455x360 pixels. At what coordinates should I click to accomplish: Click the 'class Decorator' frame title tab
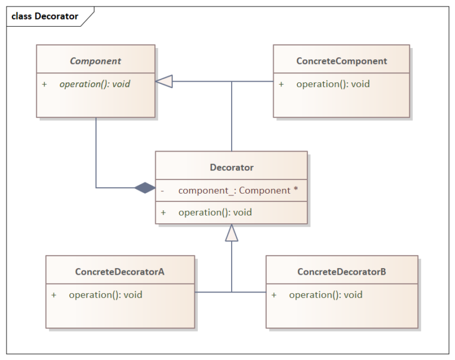pos(45,16)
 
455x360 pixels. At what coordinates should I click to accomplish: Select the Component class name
pos(95,60)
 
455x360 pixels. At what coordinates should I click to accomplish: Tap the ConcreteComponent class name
pos(341,60)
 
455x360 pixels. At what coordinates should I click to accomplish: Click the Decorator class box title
pos(231,168)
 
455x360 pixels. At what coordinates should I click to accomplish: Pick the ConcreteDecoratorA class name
pos(120,272)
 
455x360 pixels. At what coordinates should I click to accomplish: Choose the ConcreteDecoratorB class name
pos(341,272)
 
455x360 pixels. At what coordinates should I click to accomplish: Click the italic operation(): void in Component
pos(94,84)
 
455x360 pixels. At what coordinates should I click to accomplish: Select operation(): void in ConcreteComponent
pos(332,84)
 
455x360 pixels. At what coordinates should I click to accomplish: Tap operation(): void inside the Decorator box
pos(214,212)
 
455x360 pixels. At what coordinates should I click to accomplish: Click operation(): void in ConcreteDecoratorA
pos(105,294)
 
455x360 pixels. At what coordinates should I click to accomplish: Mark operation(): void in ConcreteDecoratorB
pos(325,294)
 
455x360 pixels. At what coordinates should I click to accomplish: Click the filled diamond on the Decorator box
pos(144,188)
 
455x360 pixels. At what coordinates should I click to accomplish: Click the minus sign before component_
pos(162,191)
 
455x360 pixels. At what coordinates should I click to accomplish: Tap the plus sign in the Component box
pos(44,84)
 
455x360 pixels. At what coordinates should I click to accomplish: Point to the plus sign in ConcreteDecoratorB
pos(274,294)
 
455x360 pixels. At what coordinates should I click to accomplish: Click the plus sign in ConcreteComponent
pos(281,84)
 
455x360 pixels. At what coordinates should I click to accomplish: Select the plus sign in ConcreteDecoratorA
pos(54,294)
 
